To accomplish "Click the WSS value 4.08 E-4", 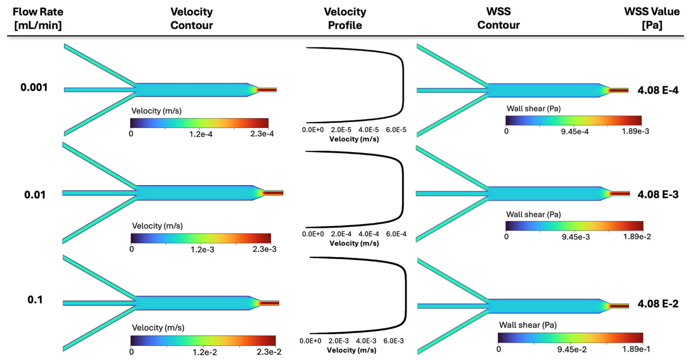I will click(x=658, y=91).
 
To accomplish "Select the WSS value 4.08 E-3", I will click(x=658, y=194).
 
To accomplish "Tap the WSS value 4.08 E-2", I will click(x=658, y=304).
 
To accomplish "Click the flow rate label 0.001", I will click(x=34, y=88).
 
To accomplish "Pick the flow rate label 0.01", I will click(x=35, y=195).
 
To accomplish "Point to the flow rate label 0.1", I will click(x=35, y=300).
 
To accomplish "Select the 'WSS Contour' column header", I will click(x=498, y=18).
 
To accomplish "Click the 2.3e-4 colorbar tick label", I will click(x=262, y=134).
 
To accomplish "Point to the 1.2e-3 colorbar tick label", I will click(x=202, y=250).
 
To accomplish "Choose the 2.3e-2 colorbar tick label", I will click(x=269, y=352).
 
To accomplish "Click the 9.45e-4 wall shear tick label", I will click(x=575, y=131).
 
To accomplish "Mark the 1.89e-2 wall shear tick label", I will click(x=637, y=237).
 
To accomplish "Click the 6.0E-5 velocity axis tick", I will click(x=396, y=130).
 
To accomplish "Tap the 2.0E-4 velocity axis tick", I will click(x=341, y=234).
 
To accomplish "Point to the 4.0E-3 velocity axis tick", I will click(x=366, y=341).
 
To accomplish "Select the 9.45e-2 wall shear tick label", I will click(x=572, y=349).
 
